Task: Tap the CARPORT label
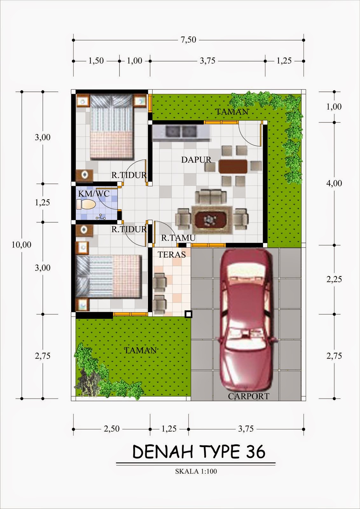(248, 396)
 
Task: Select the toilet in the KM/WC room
(86, 204)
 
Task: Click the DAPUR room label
(196, 160)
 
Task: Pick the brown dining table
(233, 166)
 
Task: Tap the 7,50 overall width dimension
(188, 40)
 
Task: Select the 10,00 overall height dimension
(21, 245)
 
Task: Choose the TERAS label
(172, 255)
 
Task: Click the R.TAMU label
(178, 238)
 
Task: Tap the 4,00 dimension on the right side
(334, 183)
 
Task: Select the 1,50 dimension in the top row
(96, 61)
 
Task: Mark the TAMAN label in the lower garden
(140, 350)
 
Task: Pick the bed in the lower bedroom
(108, 276)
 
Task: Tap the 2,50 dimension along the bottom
(112, 429)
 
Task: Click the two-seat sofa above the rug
(211, 197)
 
